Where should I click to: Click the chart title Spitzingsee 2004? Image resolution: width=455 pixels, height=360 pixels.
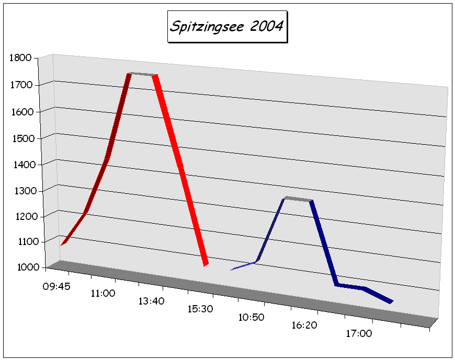coord(227,26)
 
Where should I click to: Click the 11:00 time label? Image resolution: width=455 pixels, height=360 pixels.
coord(103,294)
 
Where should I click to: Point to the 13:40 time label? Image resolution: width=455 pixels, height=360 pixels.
coord(151,301)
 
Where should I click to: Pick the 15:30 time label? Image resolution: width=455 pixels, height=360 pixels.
coord(200,309)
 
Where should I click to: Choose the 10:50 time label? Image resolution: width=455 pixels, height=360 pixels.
coord(252,317)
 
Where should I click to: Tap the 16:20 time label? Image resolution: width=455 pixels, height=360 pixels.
coord(304,325)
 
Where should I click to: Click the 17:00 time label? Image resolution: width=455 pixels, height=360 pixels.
coord(359,333)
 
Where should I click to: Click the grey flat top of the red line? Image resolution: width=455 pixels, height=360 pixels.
coord(142,74)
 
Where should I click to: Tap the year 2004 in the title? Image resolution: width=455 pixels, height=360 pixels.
coord(265,26)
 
